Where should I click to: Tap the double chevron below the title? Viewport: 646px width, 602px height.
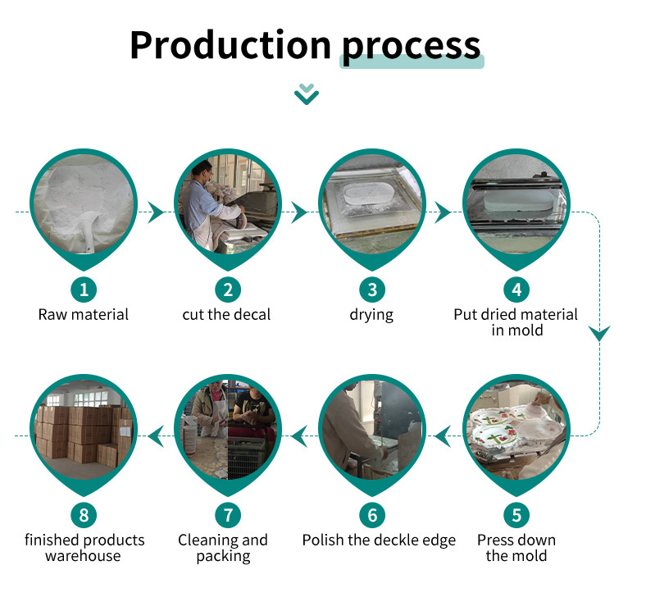click(307, 93)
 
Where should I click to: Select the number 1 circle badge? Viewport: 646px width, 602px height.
click(84, 289)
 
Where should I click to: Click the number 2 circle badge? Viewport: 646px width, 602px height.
click(228, 289)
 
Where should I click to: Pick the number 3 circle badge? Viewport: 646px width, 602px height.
click(372, 289)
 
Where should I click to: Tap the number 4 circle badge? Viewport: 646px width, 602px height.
click(516, 289)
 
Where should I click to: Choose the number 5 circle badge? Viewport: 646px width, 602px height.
click(516, 515)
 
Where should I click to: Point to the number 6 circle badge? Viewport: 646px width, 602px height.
click(372, 515)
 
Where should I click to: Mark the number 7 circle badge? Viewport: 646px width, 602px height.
click(228, 515)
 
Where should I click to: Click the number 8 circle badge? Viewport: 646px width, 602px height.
click(84, 515)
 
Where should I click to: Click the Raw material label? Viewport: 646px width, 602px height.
click(84, 314)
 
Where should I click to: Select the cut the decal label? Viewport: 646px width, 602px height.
click(226, 314)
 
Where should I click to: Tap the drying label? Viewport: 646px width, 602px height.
click(371, 315)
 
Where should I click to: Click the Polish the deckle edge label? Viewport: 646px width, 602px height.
click(379, 540)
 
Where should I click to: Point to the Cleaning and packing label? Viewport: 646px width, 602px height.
click(223, 548)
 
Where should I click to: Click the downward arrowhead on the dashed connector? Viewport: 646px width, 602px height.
click(600, 334)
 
